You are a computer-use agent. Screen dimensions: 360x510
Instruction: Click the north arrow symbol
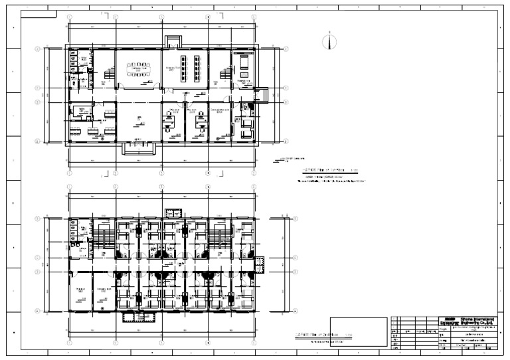click(327, 42)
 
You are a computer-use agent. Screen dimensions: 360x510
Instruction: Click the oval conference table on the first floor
click(139, 69)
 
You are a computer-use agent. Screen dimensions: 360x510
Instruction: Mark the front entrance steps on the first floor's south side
click(139, 147)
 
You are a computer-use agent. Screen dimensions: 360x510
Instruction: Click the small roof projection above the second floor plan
click(173, 212)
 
